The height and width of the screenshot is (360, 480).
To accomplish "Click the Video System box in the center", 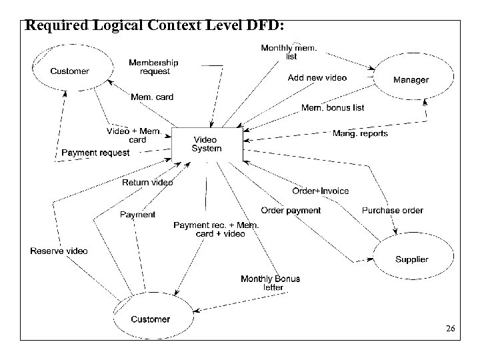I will click(x=207, y=143).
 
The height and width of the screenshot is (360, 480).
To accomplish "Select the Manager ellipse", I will click(x=411, y=80).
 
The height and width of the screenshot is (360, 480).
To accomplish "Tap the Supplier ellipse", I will click(x=411, y=259).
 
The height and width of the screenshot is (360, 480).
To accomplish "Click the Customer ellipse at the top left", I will click(x=70, y=71).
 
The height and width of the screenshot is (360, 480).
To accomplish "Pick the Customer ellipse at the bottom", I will click(x=150, y=319).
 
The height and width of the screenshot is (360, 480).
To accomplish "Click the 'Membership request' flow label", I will click(x=154, y=67).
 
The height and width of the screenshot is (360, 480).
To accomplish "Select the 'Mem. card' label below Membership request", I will click(x=151, y=97).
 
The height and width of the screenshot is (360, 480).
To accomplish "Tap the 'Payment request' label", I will click(x=95, y=153).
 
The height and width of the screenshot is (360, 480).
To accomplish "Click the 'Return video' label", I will click(x=147, y=182).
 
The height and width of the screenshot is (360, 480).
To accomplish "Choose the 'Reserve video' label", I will click(x=59, y=251).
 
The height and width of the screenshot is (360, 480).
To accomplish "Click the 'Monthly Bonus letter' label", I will click(x=270, y=283).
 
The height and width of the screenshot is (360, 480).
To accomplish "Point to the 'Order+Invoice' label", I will click(x=321, y=191).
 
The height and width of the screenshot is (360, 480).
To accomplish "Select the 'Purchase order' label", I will click(x=392, y=210).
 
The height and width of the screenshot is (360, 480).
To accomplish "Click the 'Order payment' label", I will click(x=290, y=210).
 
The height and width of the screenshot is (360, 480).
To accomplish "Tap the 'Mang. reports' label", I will click(x=360, y=133).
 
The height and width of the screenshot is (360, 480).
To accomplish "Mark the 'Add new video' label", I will click(x=317, y=78).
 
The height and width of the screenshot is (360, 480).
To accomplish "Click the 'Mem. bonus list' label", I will click(x=333, y=107).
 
